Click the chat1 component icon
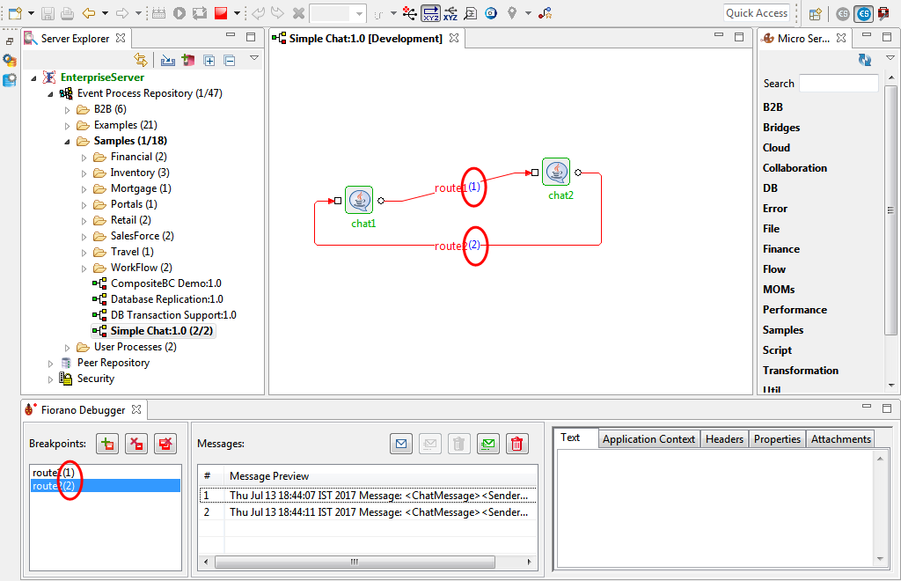click(x=359, y=200)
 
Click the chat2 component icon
click(x=556, y=172)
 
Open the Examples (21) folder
click(x=125, y=125)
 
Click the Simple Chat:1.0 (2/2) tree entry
click(x=162, y=331)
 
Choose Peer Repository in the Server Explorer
click(x=114, y=363)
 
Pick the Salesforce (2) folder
click(x=142, y=236)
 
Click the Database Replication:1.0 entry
click(x=166, y=299)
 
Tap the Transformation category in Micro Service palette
click(x=801, y=371)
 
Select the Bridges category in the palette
click(x=781, y=128)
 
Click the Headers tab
click(x=724, y=439)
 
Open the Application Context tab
click(x=648, y=439)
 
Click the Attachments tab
click(x=840, y=439)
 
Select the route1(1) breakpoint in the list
click(x=54, y=473)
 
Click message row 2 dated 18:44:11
click(x=368, y=512)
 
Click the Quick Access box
click(x=756, y=13)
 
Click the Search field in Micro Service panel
click(x=839, y=84)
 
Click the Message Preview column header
click(x=269, y=476)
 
